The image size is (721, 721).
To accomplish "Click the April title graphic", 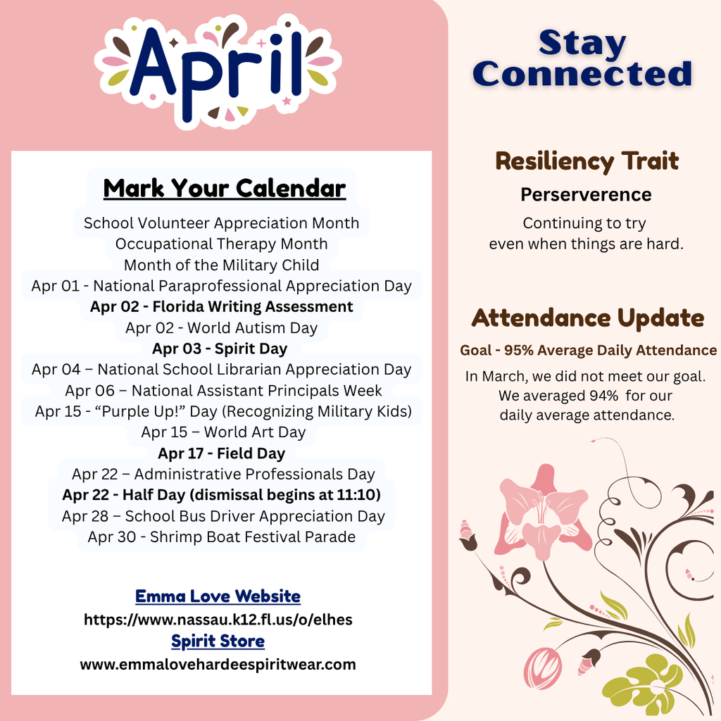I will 218,70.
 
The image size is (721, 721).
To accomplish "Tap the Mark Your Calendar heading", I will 225,189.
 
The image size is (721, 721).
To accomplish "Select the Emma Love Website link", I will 218,596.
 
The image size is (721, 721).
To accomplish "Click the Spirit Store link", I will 218,641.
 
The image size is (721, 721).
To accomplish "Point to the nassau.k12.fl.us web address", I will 218,620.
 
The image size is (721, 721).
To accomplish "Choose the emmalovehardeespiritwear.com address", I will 218,664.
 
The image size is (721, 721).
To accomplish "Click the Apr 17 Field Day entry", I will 221,453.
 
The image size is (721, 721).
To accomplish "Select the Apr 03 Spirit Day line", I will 220,349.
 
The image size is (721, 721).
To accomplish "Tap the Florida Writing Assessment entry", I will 221,307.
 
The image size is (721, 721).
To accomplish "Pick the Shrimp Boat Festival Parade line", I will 221,537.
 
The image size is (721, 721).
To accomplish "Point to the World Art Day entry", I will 223,432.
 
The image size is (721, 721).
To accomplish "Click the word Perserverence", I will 586,195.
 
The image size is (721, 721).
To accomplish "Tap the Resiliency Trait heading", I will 587,161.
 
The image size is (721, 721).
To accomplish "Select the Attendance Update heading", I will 587,318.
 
